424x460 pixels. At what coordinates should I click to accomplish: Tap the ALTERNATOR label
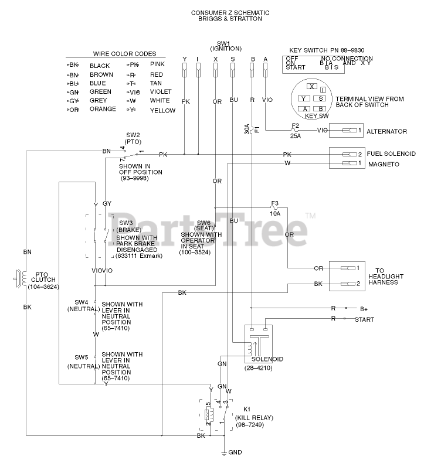[x=388, y=132]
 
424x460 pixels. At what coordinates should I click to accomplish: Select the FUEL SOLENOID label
[x=391, y=154]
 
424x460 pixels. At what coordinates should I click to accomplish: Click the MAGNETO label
[x=383, y=164]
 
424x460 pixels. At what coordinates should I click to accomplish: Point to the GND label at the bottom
[x=235, y=452]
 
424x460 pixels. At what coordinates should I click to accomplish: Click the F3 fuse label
[x=274, y=204]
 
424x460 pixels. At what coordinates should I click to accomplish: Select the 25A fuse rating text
[x=296, y=136]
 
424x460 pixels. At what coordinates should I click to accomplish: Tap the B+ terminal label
[x=364, y=308]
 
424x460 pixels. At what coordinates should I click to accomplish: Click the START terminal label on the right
[x=364, y=319]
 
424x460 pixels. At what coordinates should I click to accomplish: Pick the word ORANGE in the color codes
[x=103, y=109]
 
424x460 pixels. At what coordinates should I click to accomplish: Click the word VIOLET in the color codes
[x=161, y=91]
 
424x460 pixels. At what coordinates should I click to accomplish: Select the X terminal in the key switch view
[x=312, y=86]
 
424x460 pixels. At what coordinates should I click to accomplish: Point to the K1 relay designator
[x=246, y=409]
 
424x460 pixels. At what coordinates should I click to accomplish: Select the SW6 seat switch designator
[x=203, y=223]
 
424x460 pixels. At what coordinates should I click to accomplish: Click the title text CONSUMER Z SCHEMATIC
[x=222, y=11]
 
